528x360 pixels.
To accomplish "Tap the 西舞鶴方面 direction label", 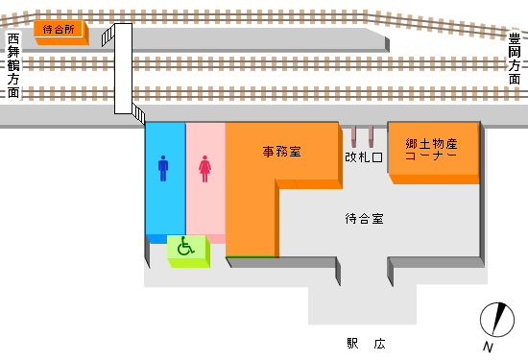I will click(13, 66).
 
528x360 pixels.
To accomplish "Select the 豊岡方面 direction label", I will click(516, 59).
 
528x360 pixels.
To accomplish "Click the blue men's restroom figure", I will click(163, 169).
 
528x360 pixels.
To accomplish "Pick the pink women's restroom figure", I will click(204, 169).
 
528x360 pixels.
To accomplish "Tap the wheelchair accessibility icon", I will click(186, 247).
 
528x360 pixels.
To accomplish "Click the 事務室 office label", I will click(282, 152).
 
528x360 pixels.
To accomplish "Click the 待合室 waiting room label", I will click(364, 218).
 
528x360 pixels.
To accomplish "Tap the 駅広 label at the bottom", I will click(366, 343).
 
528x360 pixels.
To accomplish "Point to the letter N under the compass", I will click(489, 347).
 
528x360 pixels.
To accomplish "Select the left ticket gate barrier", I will click(354, 136).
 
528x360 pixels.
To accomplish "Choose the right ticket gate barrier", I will click(371, 136).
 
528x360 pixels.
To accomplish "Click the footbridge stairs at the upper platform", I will click(108, 35).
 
